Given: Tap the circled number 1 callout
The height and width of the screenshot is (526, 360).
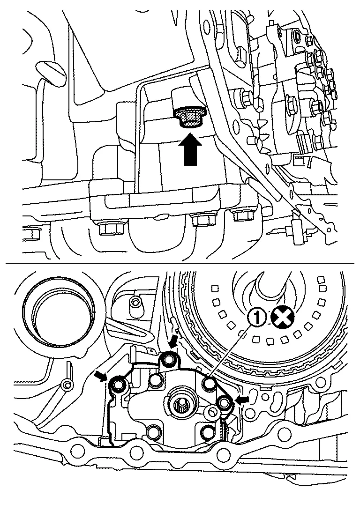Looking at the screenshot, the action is pyautogui.click(x=257, y=318).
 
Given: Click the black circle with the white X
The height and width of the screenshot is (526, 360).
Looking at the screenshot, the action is pyautogui.click(x=283, y=318).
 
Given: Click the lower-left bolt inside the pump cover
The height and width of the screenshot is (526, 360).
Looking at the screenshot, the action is pyautogui.click(x=154, y=431).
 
